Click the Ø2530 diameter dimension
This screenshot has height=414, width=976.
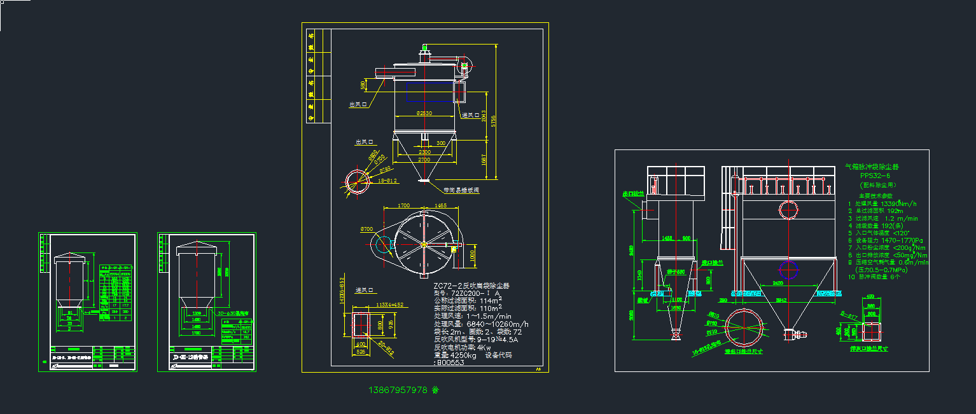click(424, 113)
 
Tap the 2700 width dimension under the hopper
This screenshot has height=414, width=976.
click(424, 160)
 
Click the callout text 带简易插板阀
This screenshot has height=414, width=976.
click(461, 190)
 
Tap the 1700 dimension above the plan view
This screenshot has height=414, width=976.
click(403, 206)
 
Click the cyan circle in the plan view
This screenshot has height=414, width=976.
click(384, 244)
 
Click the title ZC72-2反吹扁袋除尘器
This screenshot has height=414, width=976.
click(471, 286)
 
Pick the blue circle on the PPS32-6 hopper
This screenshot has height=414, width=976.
click(789, 270)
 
